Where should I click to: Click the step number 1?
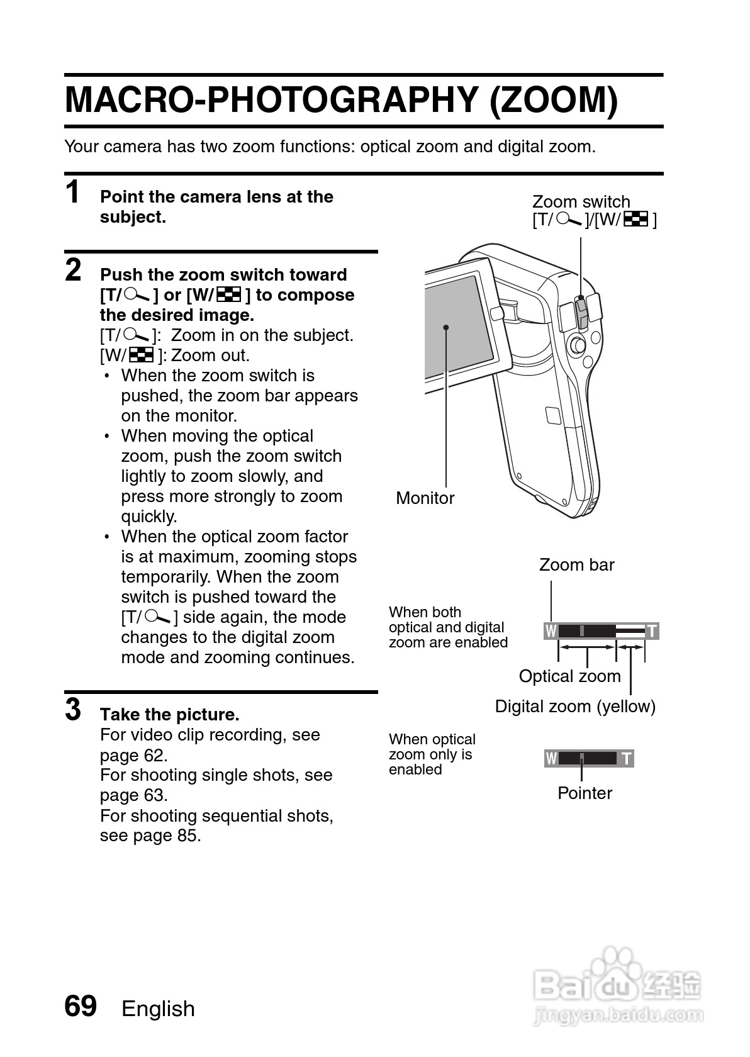[74, 193]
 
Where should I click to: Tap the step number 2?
[74, 270]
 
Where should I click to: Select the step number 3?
[74, 710]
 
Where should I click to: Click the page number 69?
[81, 1005]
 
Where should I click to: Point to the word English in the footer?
[158, 1009]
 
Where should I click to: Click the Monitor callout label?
[425, 498]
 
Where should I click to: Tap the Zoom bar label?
[576, 565]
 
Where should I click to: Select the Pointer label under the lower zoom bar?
[585, 793]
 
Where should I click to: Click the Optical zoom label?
[569, 676]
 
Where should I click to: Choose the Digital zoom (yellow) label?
[575, 707]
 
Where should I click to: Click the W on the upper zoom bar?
[551, 631]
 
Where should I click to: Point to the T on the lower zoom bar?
[627, 759]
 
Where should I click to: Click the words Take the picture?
[170, 715]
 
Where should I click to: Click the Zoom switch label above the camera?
[581, 202]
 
